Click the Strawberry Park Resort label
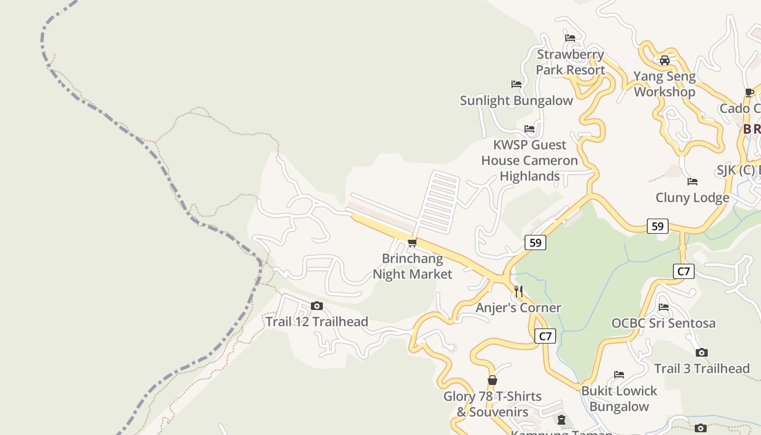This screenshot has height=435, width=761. click(570, 62)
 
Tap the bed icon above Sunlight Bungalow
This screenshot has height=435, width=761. click(516, 84)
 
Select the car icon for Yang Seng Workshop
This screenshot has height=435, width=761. click(664, 60)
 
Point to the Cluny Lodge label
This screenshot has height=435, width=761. click(692, 197)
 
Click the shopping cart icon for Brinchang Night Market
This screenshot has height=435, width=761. click(413, 243)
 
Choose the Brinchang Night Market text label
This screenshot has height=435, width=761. click(413, 266)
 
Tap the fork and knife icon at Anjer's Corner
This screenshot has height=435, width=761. click(519, 291)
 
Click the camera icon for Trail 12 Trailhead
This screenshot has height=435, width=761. click(317, 306)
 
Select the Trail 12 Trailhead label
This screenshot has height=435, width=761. click(317, 322)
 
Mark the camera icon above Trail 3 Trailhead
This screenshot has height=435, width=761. click(702, 353)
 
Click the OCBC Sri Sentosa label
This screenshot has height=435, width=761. click(663, 323)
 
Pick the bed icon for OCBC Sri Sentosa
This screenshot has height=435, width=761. click(664, 307)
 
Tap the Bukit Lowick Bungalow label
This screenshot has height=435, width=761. click(619, 399)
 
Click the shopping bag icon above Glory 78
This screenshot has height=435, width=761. click(492, 380)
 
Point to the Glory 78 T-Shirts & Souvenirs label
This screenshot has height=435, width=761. click(492, 404)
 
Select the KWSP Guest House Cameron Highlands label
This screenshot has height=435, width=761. click(529, 160)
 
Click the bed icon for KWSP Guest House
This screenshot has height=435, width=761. click(529, 129)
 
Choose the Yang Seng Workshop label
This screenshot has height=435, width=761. click(664, 84)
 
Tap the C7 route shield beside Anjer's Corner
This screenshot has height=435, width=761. click(545, 336)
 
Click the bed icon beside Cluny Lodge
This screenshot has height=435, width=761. click(693, 182)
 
